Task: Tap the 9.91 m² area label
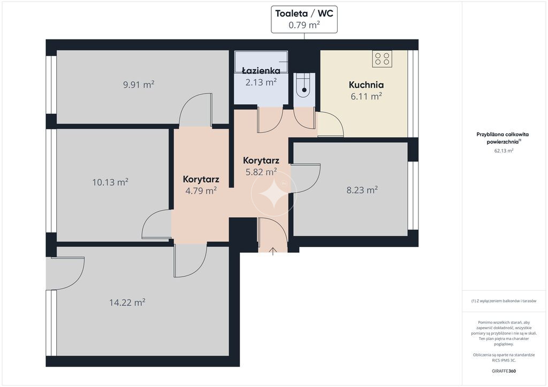[139, 84]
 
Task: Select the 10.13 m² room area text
[110, 182]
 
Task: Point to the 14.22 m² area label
[127, 302]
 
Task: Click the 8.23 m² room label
[362, 190]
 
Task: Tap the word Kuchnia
[366, 85]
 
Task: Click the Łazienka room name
[261, 71]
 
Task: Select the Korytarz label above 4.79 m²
[201, 180]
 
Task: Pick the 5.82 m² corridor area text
[261, 172]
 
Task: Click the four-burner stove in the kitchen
[382, 59]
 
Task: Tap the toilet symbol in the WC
[304, 84]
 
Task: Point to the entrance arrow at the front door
[272, 251]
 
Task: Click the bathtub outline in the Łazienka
[261, 62]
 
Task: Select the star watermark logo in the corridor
[273, 193]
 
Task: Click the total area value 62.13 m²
[504, 151]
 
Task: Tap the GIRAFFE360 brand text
[504, 371]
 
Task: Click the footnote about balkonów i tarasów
[504, 301]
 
